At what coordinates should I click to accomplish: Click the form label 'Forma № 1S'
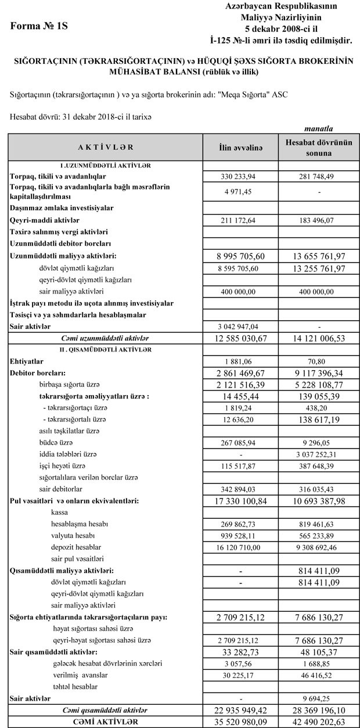pos(39,26)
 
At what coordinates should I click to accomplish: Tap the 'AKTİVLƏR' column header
pos(105,148)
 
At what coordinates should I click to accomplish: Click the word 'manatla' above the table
pos(318,128)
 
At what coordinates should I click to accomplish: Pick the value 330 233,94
pos(240,176)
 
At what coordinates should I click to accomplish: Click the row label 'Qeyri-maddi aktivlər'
pos(44,220)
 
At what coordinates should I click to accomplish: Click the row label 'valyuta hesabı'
pos(73,535)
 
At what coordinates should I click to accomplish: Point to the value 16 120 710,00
pos(240,547)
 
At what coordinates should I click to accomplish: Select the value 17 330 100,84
pos(240,500)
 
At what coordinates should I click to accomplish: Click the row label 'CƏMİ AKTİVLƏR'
pos(105,722)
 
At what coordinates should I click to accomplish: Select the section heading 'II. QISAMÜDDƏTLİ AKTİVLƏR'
pos(105,349)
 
